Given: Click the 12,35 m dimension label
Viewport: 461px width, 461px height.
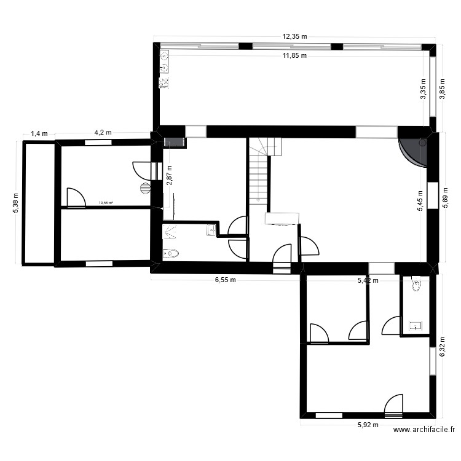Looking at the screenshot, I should pyautogui.click(x=295, y=37).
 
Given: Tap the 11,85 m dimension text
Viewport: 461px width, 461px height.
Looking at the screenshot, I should pyautogui.click(x=295, y=56).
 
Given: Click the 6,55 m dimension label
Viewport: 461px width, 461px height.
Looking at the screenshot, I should pyautogui.click(x=226, y=280).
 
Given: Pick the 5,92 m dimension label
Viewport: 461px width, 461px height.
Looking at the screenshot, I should pyautogui.click(x=369, y=424).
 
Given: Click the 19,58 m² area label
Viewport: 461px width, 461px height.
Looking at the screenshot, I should pyautogui.click(x=106, y=203).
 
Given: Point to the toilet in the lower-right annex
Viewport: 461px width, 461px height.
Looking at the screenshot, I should pyautogui.click(x=417, y=284).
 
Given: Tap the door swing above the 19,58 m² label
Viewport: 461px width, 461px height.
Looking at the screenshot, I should pyautogui.click(x=76, y=197).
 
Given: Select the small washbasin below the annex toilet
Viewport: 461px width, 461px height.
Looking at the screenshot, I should pyautogui.click(x=414, y=325).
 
